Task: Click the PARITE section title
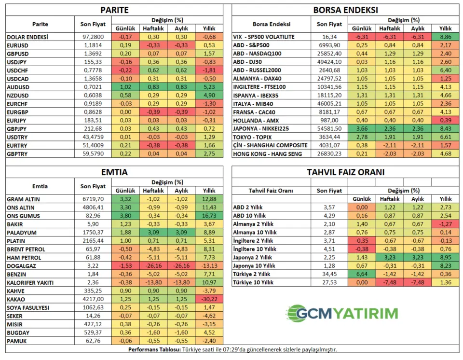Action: (114, 10)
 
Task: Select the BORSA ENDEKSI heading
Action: (345, 10)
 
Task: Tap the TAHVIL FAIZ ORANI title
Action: (345, 172)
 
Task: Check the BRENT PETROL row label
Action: (26, 249)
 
